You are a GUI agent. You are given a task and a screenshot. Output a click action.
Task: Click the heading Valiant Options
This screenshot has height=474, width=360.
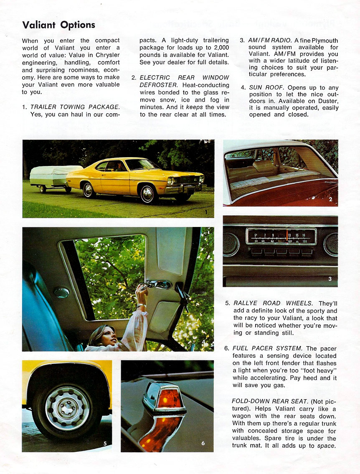[x=58, y=25]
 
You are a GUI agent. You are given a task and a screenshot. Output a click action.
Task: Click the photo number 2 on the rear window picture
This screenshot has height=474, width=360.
[x=330, y=199]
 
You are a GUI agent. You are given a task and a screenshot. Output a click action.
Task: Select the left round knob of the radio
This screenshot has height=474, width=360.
[x=231, y=245]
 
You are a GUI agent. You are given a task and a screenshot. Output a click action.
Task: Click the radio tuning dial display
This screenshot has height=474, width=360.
[x=281, y=237]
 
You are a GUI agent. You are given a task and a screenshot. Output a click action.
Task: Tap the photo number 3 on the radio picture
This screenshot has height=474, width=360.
[x=330, y=279]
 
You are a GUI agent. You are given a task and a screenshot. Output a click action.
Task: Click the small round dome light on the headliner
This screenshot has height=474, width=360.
[x=62, y=293]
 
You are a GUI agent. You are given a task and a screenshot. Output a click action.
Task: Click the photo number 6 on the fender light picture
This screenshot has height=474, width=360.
[x=203, y=443]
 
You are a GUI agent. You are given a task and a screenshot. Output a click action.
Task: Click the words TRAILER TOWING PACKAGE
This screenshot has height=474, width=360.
[x=75, y=107]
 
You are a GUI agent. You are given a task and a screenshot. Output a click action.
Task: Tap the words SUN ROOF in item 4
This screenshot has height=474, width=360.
[x=265, y=87]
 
